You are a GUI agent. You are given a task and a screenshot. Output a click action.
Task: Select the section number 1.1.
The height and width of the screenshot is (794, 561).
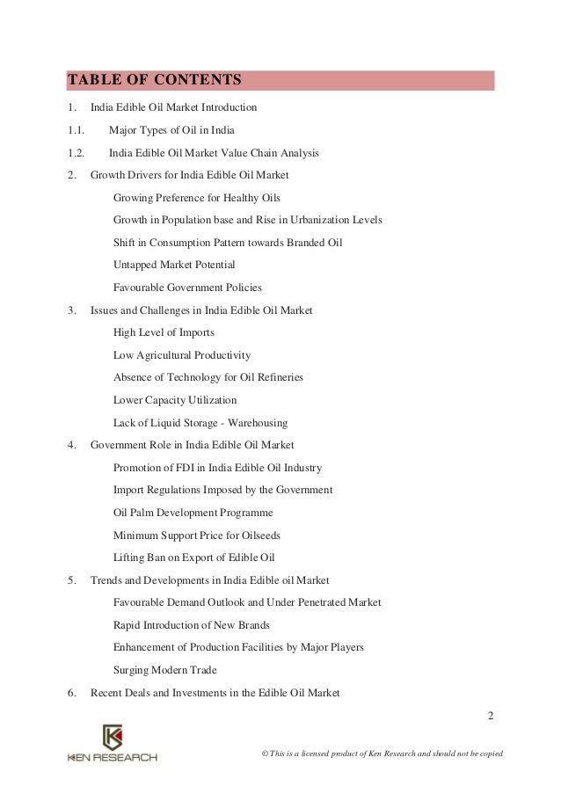76,130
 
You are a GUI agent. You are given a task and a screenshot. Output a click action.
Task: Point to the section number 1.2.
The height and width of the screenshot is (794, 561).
76,153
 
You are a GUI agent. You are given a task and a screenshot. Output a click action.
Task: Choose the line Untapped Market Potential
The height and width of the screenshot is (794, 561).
174,265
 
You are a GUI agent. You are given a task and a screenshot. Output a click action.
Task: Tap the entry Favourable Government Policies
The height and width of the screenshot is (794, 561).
187,288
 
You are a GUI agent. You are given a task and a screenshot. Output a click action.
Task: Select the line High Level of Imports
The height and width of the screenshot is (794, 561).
164,332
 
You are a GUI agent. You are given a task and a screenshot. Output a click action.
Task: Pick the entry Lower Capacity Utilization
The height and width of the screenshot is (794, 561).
175,400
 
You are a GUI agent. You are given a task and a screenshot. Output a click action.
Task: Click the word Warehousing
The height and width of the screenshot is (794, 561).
251,423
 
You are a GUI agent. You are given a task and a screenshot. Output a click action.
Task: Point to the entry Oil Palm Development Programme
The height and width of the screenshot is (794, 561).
193,512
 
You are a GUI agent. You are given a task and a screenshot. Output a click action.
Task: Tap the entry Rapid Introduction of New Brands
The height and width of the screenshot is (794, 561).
192,625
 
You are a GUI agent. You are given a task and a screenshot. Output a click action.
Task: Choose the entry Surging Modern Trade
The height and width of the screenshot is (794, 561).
165,670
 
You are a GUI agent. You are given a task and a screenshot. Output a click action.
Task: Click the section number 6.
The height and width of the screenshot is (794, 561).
70,693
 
